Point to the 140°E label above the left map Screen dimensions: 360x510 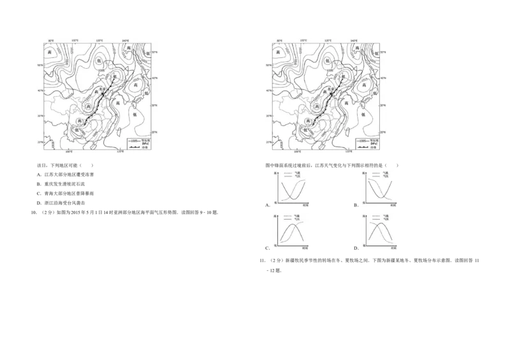pyautogui.click(x=124, y=40)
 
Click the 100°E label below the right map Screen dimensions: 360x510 pyautogui.click(x=297, y=152)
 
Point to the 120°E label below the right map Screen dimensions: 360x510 pyautogui.click(x=348, y=152)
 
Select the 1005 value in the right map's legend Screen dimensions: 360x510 pyautogui.click(x=364, y=141)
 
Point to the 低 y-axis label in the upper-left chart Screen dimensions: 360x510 pyautogui.click(x=275, y=201)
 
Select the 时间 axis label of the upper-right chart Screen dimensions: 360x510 pyautogui.click(x=391, y=205)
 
